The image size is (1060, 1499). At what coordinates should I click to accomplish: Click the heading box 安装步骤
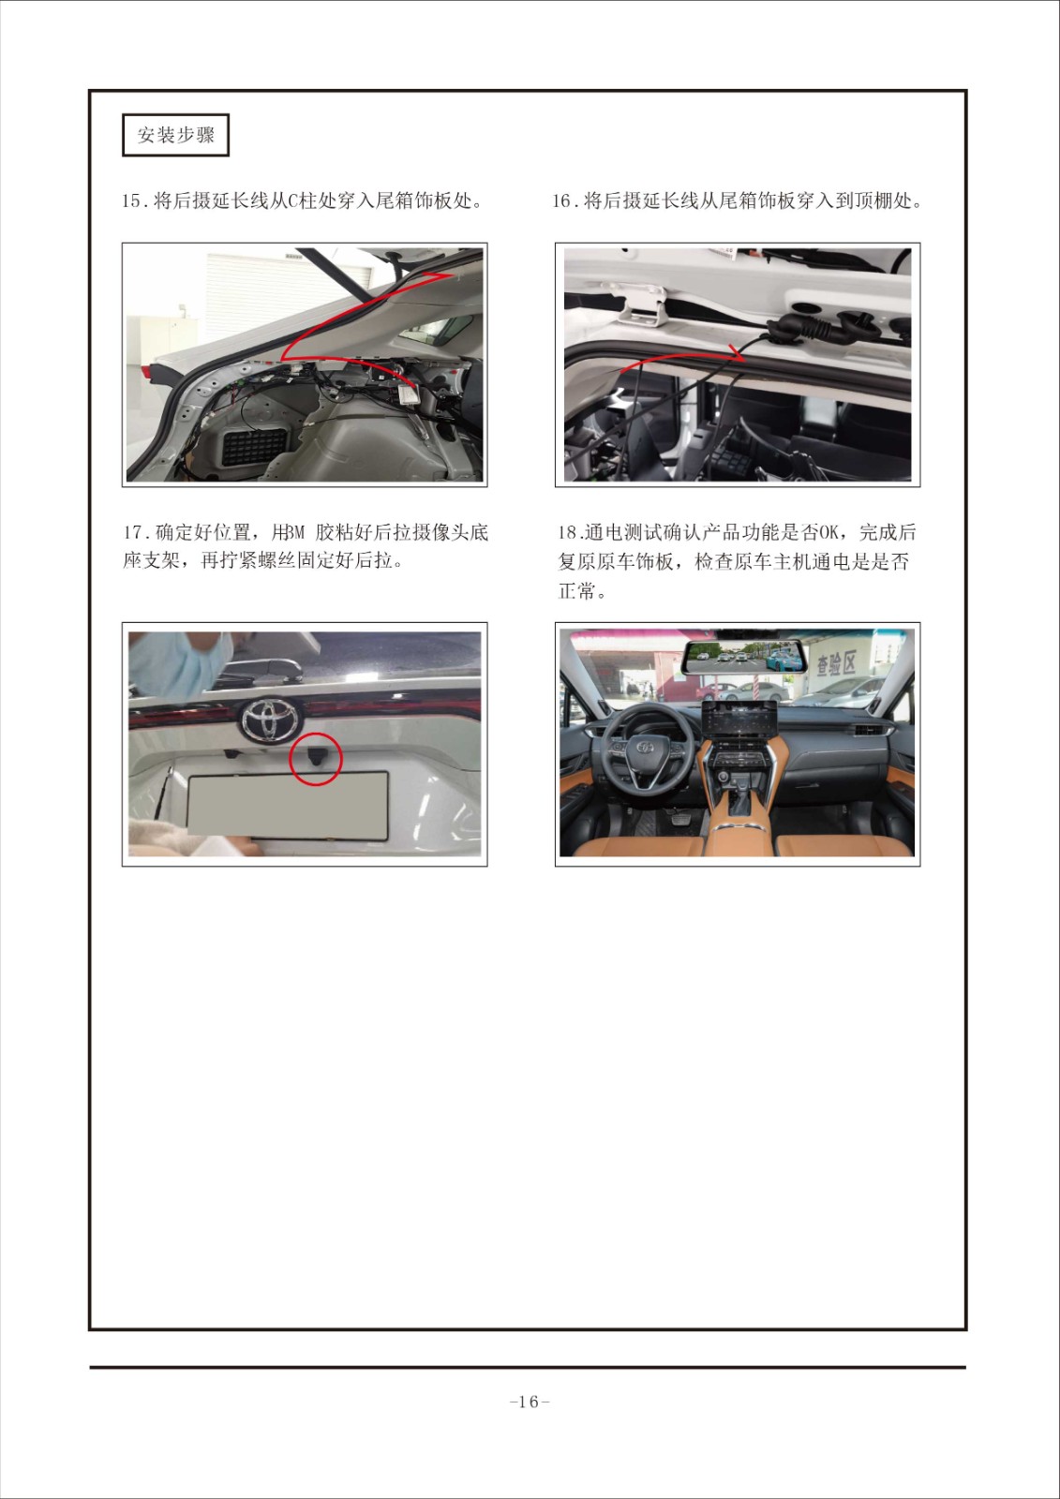(175, 135)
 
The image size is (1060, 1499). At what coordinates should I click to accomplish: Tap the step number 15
(131, 200)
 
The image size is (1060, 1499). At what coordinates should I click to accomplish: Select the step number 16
(561, 200)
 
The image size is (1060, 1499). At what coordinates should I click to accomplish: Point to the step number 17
(132, 533)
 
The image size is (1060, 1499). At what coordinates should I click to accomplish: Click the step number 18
(568, 533)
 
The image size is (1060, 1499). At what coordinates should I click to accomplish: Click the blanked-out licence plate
(288, 804)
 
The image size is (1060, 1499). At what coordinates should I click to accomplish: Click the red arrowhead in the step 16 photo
(739, 351)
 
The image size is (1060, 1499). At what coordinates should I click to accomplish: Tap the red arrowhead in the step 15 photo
(443, 275)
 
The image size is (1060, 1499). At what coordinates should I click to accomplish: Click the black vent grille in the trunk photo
(254, 446)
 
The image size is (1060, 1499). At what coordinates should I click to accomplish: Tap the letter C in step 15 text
(292, 200)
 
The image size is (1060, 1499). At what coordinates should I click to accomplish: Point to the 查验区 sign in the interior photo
(836, 663)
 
